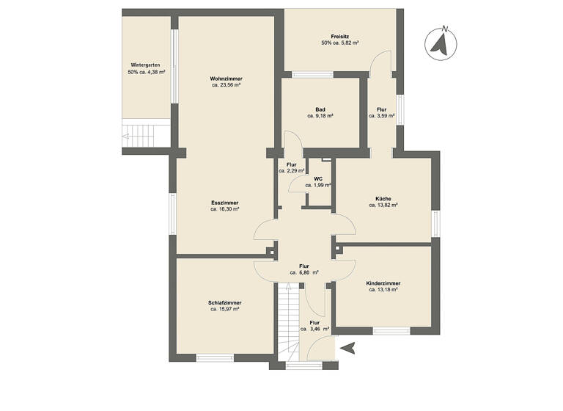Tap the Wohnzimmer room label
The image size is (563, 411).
pyautogui.click(x=226, y=79)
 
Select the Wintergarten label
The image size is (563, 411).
pyautogui.click(x=146, y=65)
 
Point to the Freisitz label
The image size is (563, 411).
pyautogui.click(x=339, y=36)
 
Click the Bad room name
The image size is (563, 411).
pyautogui.click(x=320, y=109)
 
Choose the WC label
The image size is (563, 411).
pyautogui.click(x=318, y=178)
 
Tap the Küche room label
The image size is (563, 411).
pyautogui.click(x=383, y=198)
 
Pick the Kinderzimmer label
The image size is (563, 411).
pyautogui.click(x=383, y=283)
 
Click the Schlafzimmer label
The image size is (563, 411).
pyautogui.click(x=225, y=302)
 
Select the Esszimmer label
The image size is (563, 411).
pyautogui.click(x=225, y=203)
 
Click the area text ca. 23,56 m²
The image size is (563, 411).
pyautogui.click(x=226, y=85)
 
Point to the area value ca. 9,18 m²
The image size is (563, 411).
pyautogui.click(x=320, y=116)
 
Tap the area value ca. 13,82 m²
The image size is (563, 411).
pyautogui.click(x=383, y=205)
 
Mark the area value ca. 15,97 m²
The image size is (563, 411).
pyautogui.click(x=225, y=309)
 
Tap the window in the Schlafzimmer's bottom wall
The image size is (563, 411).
pyautogui.click(x=214, y=357)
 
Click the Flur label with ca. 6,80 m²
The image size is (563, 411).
pyautogui.click(x=304, y=266)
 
